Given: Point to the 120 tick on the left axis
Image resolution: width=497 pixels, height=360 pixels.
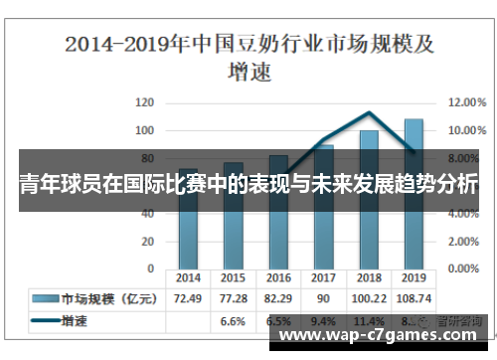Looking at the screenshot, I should (145, 102).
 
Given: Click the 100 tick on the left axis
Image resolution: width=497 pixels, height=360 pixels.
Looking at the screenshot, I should (145, 130).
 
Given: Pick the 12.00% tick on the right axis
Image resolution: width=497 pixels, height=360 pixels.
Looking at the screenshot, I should (466, 102).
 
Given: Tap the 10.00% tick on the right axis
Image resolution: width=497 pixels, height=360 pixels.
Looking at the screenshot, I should (466, 130).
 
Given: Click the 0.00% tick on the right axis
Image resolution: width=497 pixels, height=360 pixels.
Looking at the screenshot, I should (464, 269).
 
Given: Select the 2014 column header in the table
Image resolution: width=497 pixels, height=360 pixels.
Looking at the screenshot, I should (188, 279).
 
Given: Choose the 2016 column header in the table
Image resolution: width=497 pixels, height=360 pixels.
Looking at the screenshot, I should (278, 279).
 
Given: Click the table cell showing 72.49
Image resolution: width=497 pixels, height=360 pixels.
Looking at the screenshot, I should (188, 298).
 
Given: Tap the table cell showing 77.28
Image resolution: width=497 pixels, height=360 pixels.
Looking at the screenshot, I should (233, 298).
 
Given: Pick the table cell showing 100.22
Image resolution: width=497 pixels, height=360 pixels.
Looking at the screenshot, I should (369, 298).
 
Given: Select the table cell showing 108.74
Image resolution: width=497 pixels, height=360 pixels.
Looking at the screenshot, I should (414, 298).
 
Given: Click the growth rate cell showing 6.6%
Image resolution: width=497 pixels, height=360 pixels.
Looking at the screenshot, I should (233, 321).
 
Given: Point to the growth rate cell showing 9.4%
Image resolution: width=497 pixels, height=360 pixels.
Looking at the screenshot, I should (323, 321).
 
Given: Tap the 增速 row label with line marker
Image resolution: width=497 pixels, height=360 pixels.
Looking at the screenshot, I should (75, 321).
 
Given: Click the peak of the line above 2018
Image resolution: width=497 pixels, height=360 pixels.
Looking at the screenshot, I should (369, 112).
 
